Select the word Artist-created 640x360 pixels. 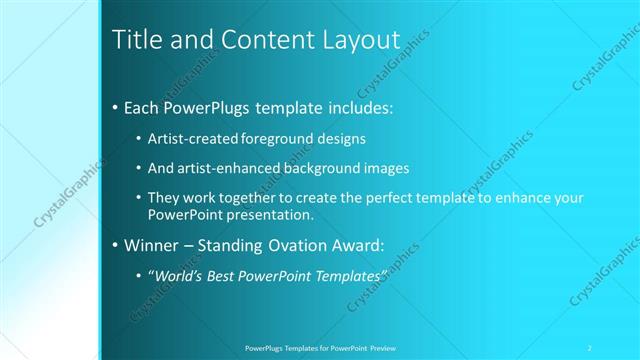[x=190, y=139]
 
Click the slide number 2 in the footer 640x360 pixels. [x=590, y=348]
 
